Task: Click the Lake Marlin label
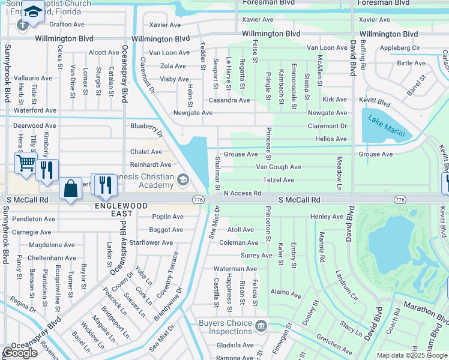pos(387,126)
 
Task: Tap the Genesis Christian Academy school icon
pos(184,179)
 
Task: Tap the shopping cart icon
pos(26,162)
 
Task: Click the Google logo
pos(20,353)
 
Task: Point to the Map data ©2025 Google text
pos(412,355)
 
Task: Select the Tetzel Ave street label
pos(279,180)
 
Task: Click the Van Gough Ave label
pos(278,167)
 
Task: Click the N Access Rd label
pos(243,193)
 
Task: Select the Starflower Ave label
pos(151,242)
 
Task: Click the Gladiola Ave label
pos(235,345)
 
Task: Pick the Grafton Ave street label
pos(67,25)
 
